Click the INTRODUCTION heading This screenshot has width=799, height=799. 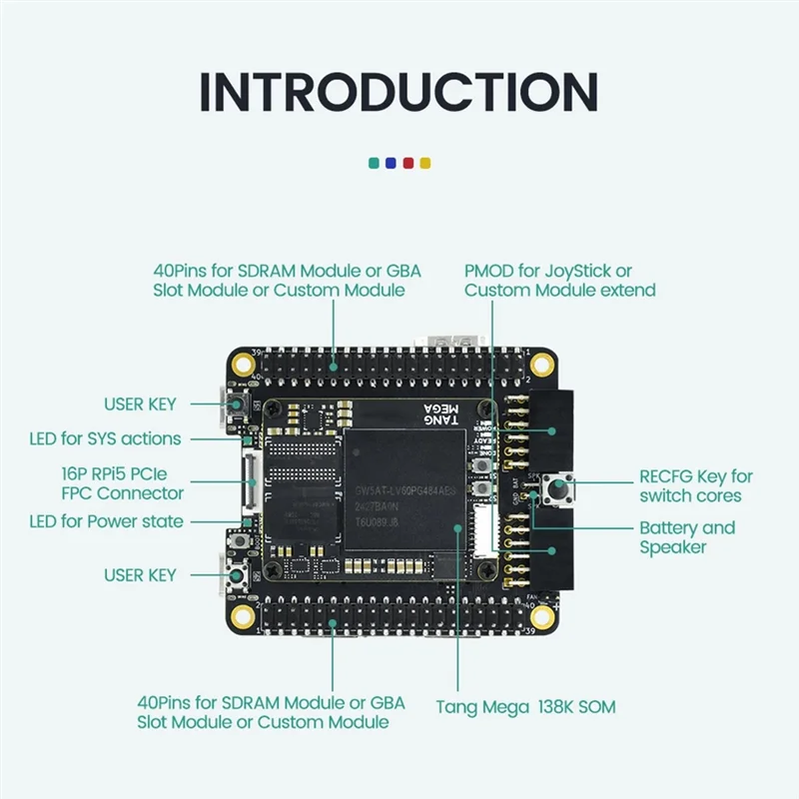(399, 91)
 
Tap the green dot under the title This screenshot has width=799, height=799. (374, 162)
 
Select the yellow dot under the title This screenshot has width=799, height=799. (424, 162)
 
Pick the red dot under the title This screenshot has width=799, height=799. (407, 162)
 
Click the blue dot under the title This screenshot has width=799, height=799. (391, 162)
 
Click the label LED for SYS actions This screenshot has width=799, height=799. (105, 438)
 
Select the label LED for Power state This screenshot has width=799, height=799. (106, 520)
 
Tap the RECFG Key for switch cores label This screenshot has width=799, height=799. (696, 486)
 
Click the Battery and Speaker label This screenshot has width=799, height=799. (686, 537)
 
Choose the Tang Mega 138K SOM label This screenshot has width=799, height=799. (525, 707)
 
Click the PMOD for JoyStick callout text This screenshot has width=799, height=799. (560, 281)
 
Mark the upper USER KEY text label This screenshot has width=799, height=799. (140, 404)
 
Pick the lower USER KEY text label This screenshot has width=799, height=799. (140, 575)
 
